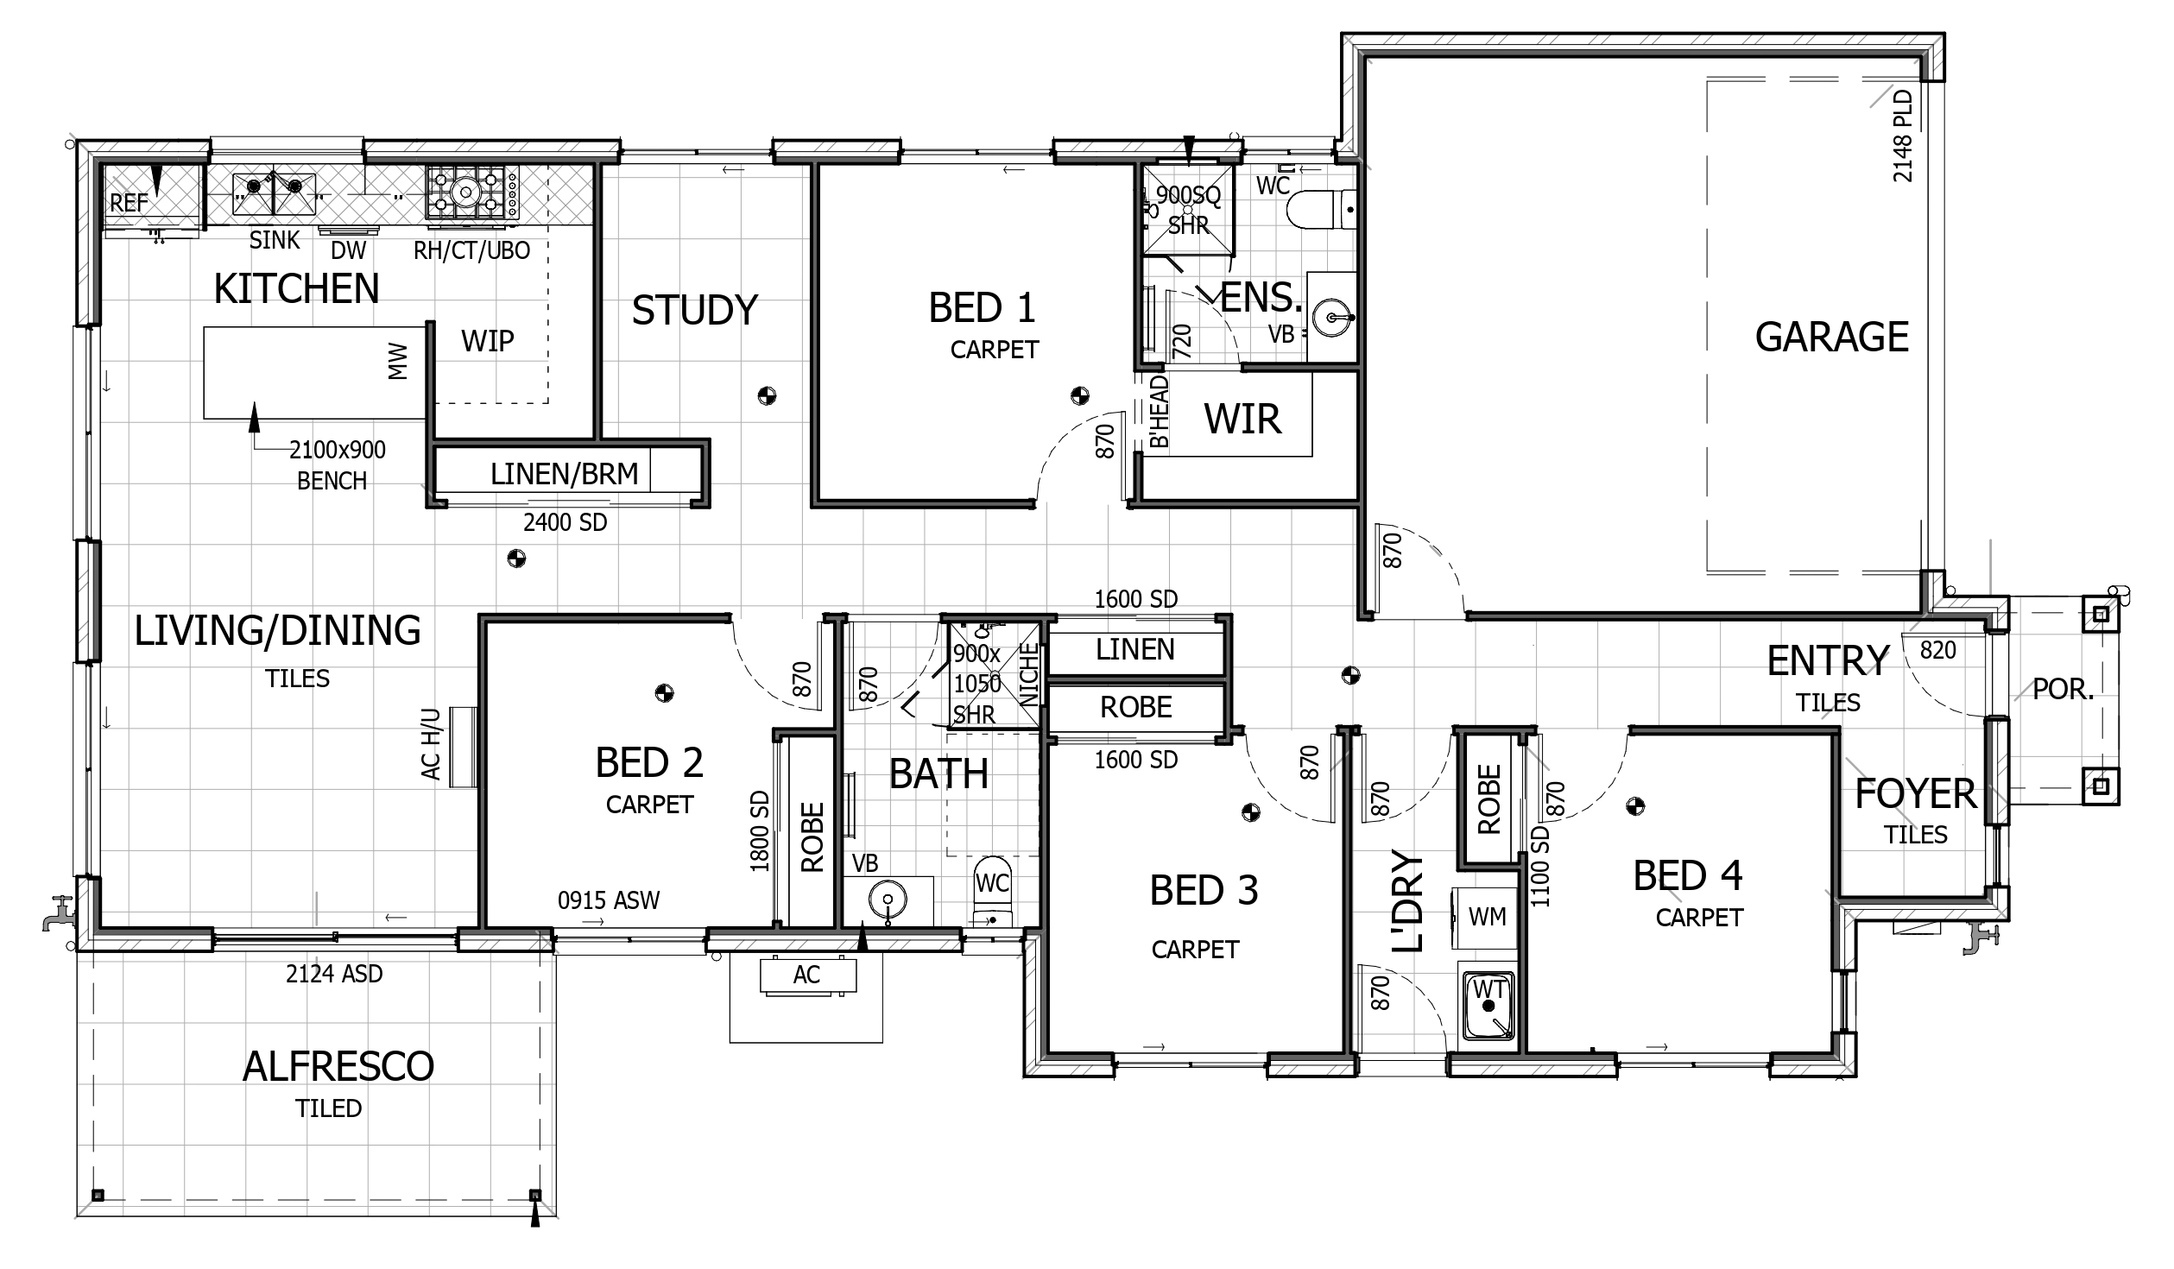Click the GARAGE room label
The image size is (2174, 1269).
click(x=1831, y=337)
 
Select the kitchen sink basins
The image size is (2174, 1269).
click(x=274, y=194)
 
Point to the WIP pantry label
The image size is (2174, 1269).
click(x=488, y=341)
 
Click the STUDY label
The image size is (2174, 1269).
click(x=695, y=310)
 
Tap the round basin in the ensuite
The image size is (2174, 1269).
click(x=1334, y=318)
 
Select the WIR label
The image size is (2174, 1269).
click(x=1242, y=420)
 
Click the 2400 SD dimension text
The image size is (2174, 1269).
click(x=566, y=522)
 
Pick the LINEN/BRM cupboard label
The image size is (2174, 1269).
click(x=565, y=474)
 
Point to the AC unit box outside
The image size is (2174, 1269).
click(x=807, y=975)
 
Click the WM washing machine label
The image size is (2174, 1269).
click(x=1488, y=917)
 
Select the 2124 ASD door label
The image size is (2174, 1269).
click(x=334, y=974)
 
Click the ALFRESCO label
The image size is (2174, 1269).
click(x=338, y=1067)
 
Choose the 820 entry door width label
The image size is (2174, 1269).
click(x=1937, y=650)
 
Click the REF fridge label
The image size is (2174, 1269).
click(x=130, y=204)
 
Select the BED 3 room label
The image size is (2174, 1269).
click(x=1204, y=891)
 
